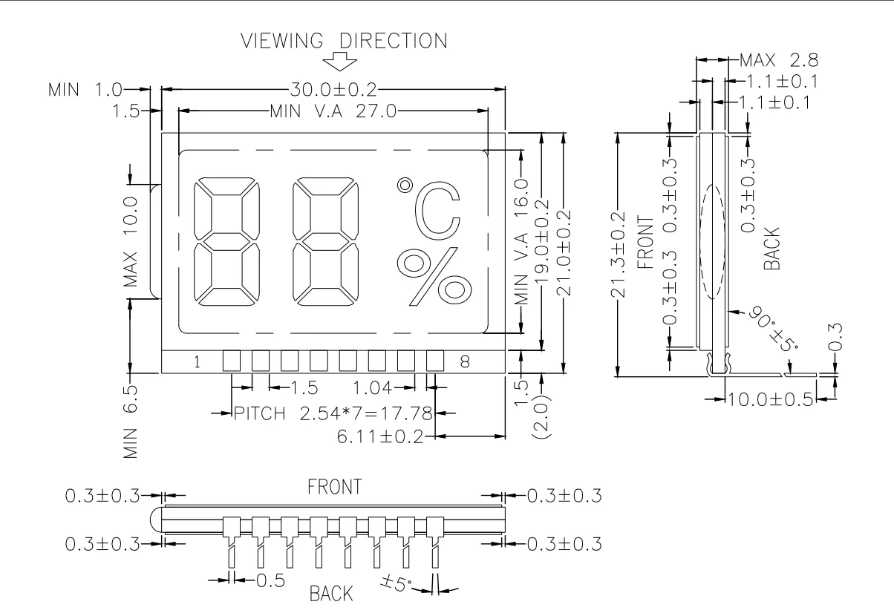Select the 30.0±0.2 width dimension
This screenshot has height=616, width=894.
pyautogui.click(x=333, y=91)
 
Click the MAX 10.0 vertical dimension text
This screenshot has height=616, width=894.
pyautogui.click(x=131, y=241)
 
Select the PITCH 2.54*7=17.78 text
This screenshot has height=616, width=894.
pyautogui.click(x=333, y=413)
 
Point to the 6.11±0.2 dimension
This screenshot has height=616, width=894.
pyautogui.click(x=379, y=437)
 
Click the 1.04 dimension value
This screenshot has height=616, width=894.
pyautogui.click(x=372, y=387)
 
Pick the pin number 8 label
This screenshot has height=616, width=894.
pyautogui.click(x=465, y=362)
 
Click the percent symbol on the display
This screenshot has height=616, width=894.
pyautogui.click(x=434, y=278)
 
